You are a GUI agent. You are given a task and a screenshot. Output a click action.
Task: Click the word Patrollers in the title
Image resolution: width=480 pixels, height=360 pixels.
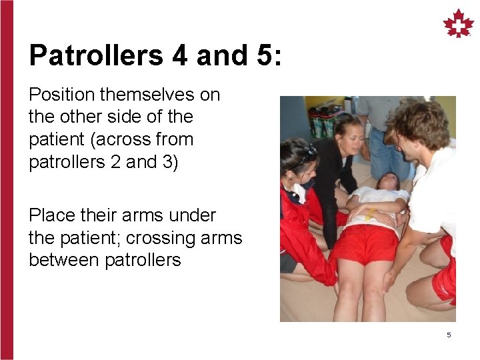96,55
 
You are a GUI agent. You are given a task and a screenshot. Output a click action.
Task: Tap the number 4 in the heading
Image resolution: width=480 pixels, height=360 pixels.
180,55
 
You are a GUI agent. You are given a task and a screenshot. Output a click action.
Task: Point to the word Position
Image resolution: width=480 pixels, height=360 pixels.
59,95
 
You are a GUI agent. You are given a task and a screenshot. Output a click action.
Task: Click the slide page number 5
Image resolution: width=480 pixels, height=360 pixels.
449,335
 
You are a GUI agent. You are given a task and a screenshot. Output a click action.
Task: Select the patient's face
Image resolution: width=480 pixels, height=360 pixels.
387,181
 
